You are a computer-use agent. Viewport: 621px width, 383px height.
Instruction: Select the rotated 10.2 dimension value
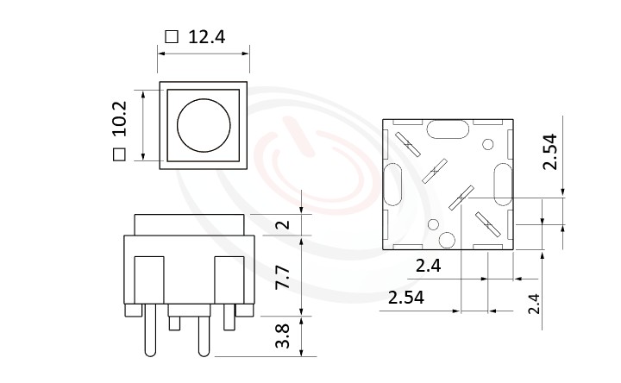coord(119,119)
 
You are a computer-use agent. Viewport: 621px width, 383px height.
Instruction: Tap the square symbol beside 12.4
coord(171,37)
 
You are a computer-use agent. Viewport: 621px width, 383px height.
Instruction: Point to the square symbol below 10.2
coord(119,154)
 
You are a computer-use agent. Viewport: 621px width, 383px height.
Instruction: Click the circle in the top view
coord(204,124)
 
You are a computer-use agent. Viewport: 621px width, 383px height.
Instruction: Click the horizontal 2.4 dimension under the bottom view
coord(428,267)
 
